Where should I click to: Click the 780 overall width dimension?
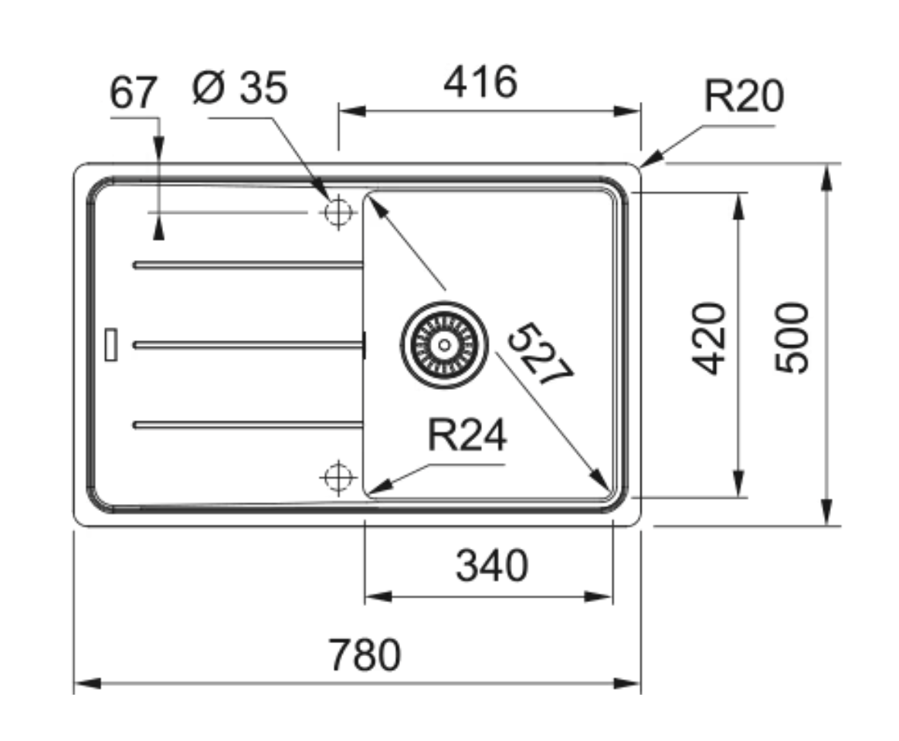[x=365, y=655]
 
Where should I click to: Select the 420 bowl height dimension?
[x=709, y=339]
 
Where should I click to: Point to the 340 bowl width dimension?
[x=491, y=566]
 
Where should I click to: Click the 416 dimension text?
[x=480, y=81]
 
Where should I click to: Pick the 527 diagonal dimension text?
[x=540, y=355]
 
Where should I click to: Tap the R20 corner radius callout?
[x=744, y=96]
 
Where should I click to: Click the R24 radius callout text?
[x=467, y=435]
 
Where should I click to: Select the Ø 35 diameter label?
[x=239, y=88]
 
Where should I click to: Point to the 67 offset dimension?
[x=132, y=93]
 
